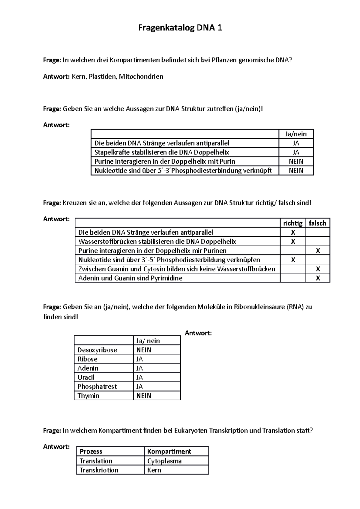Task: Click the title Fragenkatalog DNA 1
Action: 180,28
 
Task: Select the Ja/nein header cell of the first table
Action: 296,134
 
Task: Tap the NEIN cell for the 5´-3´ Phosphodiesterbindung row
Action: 296,171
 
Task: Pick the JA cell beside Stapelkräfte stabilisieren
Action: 296,152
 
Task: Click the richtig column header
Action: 293,223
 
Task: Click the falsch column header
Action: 317,223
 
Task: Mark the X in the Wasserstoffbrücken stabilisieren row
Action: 293,242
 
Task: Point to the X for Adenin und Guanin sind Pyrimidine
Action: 318,278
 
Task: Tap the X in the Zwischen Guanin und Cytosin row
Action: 318,269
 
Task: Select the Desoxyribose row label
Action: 97,350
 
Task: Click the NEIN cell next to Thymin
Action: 144,396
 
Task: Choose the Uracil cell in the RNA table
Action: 86,377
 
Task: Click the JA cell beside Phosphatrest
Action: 139,386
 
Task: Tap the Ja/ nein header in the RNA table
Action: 148,341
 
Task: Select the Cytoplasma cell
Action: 164,461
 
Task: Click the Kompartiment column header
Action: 169,451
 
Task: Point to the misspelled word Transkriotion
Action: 99,470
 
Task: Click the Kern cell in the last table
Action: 154,470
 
